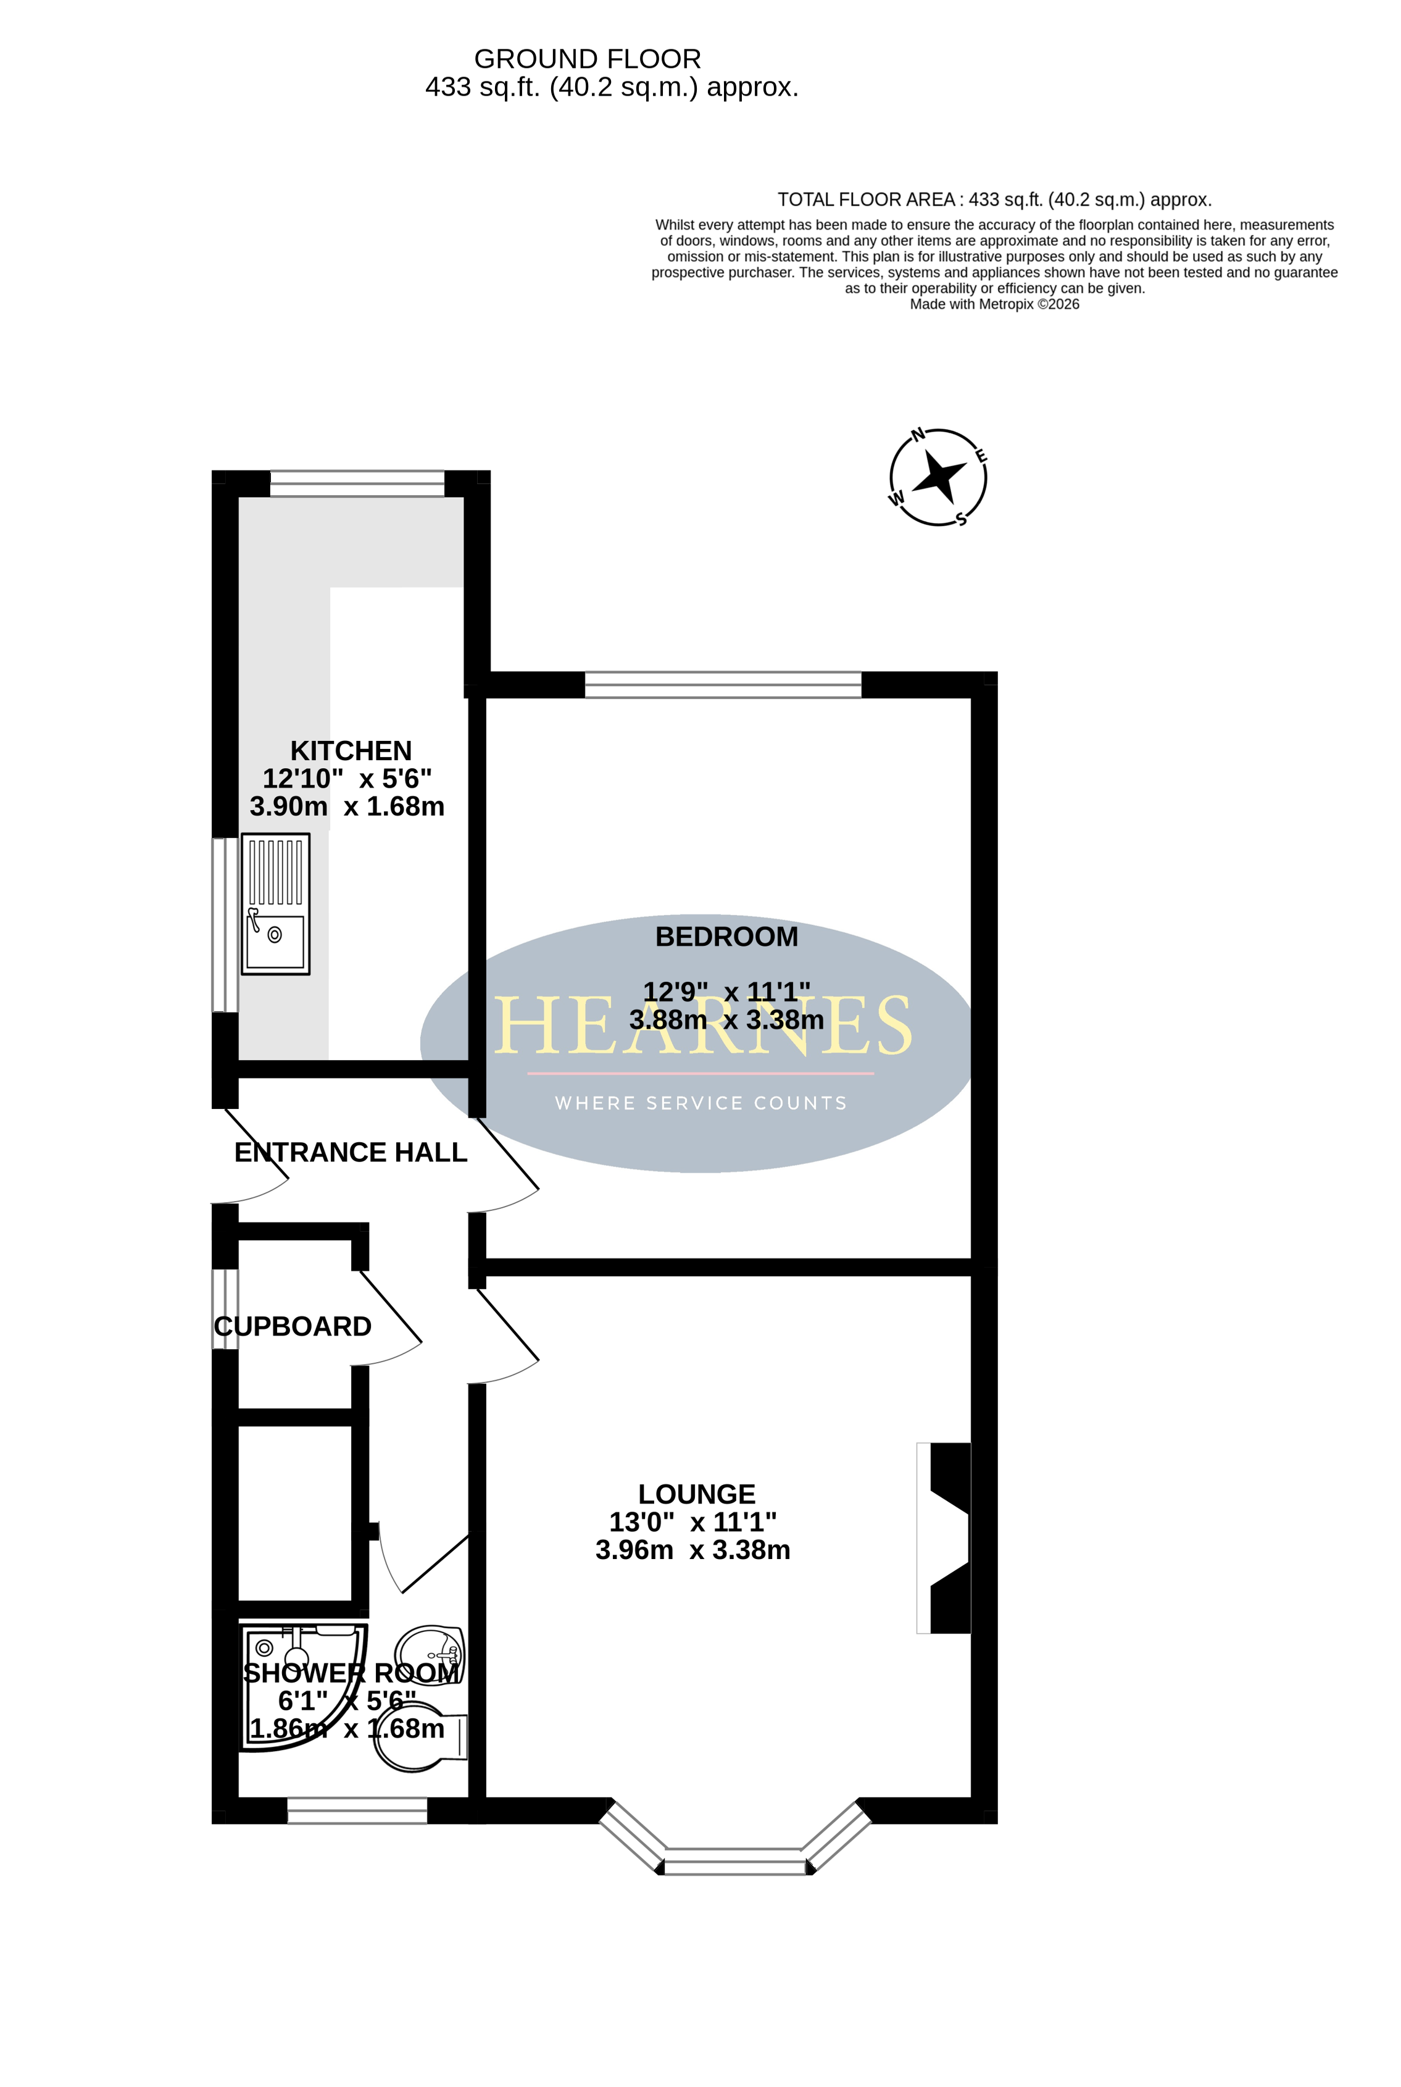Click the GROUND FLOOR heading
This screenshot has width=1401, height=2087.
(x=587, y=59)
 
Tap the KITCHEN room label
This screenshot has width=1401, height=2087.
(x=351, y=751)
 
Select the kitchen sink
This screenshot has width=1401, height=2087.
(x=275, y=903)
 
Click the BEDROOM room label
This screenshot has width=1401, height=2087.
(x=726, y=937)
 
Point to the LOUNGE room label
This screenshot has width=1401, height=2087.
(x=697, y=1494)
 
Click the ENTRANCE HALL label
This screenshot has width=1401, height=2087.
(x=351, y=1152)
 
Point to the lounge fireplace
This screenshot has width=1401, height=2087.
(x=944, y=1537)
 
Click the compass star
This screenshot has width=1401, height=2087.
(x=938, y=477)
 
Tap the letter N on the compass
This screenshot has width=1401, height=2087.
(x=918, y=435)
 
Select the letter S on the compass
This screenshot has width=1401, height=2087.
(x=962, y=519)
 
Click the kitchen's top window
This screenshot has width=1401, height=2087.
(x=357, y=483)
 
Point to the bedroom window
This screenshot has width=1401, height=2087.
(x=723, y=685)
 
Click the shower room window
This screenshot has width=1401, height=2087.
(x=357, y=1811)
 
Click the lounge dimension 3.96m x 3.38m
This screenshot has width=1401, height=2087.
(x=693, y=1550)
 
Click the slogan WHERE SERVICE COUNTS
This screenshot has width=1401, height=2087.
(x=701, y=1103)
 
